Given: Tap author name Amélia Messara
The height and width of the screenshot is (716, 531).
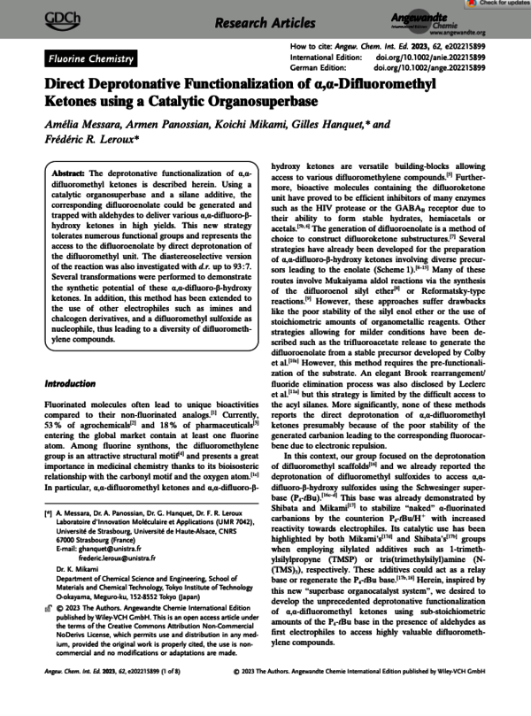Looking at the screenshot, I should tap(84, 129).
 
